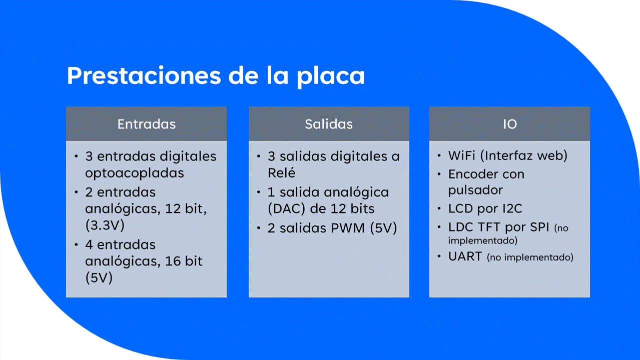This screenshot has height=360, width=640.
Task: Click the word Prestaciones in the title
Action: (x=144, y=76)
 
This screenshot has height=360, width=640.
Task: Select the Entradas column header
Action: (x=147, y=124)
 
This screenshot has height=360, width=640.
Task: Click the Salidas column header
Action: (x=329, y=124)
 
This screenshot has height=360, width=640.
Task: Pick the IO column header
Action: (x=510, y=124)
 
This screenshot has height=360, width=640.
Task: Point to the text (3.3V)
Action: (x=105, y=225)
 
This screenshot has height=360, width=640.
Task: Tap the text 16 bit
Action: (x=184, y=261)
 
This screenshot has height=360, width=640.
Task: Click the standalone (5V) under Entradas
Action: (x=99, y=277)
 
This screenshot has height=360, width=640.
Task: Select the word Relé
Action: (x=281, y=172)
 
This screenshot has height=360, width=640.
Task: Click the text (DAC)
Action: (x=287, y=208)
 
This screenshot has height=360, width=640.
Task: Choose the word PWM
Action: (x=348, y=228)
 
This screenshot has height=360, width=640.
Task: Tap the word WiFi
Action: (x=462, y=155)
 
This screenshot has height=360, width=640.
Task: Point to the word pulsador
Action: (x=475, y=190)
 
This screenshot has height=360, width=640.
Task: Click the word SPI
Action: (x=539, y=227)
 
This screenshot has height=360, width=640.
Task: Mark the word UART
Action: (x=465, y=256)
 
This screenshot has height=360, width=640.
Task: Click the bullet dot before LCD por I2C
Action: (x=439, y=208)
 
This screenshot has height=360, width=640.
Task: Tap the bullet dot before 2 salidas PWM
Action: (x=259, y=228)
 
